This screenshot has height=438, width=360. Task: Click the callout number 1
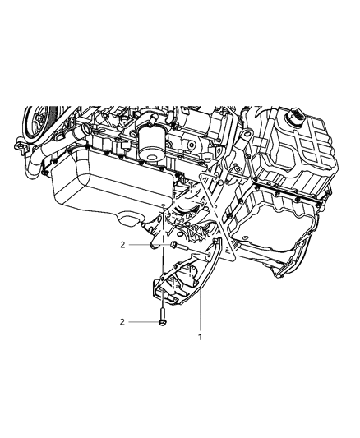[200, 337]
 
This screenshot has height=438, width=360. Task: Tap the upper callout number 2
[122, 245]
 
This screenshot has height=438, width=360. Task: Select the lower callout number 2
[122, 322]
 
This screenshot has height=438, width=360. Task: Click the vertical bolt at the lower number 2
[162, 316]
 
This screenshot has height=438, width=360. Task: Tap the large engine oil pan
[112, 184]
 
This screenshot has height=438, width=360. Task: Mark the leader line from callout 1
[200, 311]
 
